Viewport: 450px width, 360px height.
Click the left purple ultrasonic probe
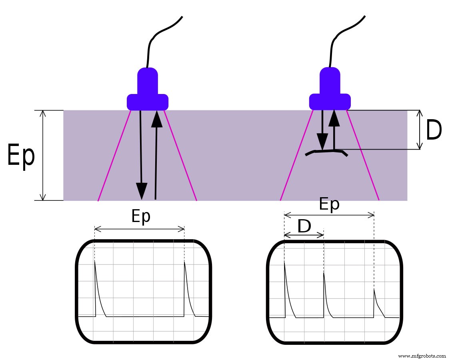point(148,92)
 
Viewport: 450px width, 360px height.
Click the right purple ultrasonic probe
point(330,92)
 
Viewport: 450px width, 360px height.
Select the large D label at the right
point(434,130)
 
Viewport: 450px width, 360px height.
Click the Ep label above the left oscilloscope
point(141,216)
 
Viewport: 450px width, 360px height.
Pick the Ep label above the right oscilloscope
point(329,204)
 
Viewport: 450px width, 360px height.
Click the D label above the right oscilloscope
point(304,227)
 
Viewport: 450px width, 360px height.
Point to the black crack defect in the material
point(326,152)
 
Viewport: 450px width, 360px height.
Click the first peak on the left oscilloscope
point(95,262)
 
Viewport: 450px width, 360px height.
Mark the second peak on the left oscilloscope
point(184,263)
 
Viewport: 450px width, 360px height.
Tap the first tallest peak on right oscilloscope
point(284,262)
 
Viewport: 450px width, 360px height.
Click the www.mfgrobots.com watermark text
point(422,356)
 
